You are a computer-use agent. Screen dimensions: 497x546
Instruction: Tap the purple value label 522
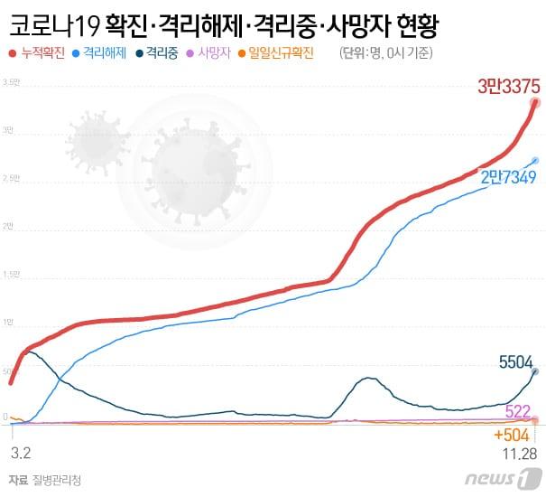[517, 411]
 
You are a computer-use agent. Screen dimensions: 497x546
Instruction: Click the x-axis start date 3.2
[21, 448]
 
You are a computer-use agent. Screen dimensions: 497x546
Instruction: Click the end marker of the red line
[536, 103]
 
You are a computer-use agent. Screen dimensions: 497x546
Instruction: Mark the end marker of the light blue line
[536, 160]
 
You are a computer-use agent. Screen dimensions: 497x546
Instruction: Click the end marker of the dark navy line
[535, 371]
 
